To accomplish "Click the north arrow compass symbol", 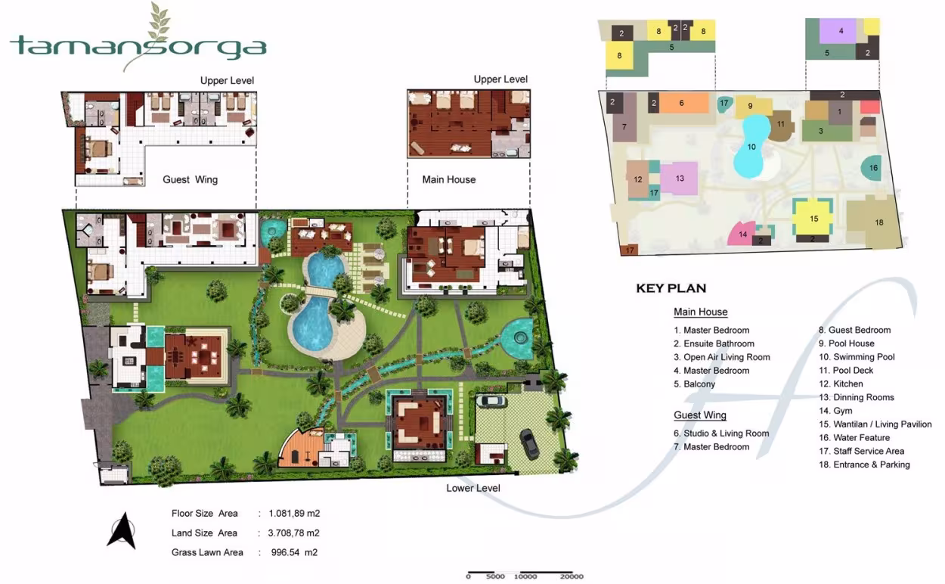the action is [x=122, y=530].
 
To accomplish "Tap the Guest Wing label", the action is [x=191, y=179].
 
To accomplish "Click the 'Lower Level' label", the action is [x=473, y=488].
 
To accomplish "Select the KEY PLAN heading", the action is [x=671, y=288].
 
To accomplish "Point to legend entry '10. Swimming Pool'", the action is [x=857, y=357].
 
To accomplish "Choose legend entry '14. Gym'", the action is [x=835, y=411].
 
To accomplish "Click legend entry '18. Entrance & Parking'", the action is [x=864, y=464].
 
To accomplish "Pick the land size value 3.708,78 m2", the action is [x=293, y=533].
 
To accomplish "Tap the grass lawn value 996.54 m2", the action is [x=294, y=552].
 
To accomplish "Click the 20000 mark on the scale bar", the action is [x=572, y=576].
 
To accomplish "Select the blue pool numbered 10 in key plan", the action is [x=751, y=147].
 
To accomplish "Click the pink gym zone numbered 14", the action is [x=741, y=234].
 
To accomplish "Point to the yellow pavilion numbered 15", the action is [x=813, y=219].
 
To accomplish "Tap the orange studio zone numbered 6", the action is [x=684, y=103].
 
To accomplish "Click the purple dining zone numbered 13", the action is [x=679, y=179].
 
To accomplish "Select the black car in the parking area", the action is [x=529, y=444].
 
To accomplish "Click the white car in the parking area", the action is [x=491, y=401].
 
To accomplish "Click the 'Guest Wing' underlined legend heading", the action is [x=700, y=415].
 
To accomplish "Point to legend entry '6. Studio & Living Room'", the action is [x=721, y=433].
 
